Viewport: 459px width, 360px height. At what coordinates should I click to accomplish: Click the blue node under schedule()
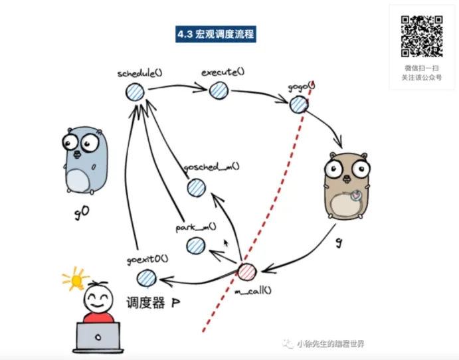point(136,92)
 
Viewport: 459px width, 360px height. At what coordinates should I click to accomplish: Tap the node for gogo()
point(298,104)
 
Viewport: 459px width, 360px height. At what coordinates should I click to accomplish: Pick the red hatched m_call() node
point(246,272)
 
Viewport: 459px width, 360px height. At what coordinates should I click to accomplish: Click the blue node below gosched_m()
point(195,189)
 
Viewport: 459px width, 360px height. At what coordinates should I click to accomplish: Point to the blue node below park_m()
point(195,246)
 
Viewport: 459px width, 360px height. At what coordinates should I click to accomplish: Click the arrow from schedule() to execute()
point(177,87)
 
